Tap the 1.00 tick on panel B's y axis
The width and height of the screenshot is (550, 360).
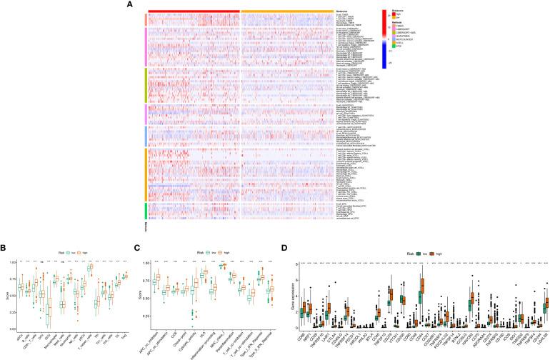pos(17,264)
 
